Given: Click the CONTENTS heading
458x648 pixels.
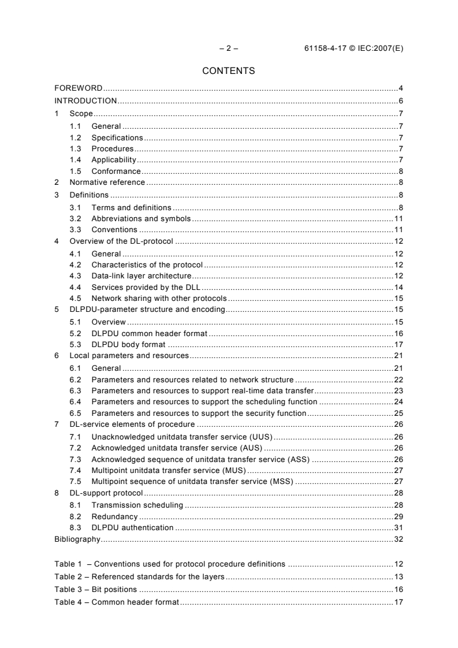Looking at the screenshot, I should pos(229,72).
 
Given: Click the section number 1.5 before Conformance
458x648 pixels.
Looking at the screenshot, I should pos(75,172).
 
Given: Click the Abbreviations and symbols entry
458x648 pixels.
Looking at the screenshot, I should pos(141,219).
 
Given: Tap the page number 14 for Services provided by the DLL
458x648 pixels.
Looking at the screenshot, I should pos(398,288).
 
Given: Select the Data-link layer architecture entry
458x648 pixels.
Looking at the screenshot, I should pos(141,276).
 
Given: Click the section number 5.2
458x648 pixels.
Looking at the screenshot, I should pos(75,333).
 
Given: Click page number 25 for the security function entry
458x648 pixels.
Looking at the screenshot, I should pos(398,413).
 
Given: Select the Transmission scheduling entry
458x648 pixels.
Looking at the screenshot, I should pos(137,505).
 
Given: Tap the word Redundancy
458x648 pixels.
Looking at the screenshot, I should pos(114,516).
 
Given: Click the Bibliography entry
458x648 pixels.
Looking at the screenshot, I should pos(77,539).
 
